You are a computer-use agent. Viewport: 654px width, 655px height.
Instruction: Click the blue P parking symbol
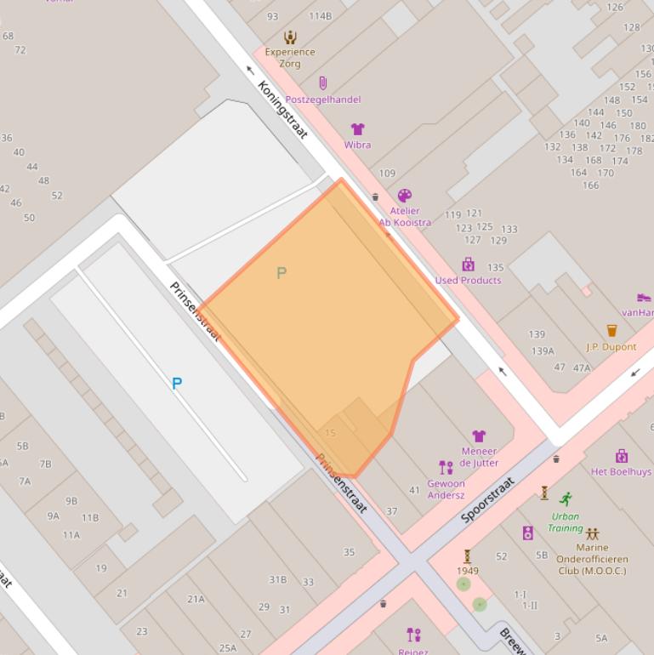tap(177, 384)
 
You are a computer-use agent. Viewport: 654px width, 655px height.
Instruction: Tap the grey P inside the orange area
tap(282, 273)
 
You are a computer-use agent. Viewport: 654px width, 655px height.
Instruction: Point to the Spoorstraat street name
tap(488, 499)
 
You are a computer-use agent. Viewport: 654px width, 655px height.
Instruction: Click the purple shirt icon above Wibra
tap(358, 129)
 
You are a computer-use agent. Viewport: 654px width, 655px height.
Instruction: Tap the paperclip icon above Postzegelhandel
tap(322, 83)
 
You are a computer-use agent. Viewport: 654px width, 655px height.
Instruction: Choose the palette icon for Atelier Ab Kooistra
tap(405, 196)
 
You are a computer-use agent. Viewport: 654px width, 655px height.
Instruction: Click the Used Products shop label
tap(468, 280)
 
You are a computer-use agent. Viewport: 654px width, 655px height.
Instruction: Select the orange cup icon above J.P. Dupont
tap(611, 331)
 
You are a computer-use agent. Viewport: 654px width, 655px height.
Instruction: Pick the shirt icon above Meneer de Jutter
tap(479, 436)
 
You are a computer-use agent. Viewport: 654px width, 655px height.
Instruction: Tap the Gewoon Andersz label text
tap(446, 489)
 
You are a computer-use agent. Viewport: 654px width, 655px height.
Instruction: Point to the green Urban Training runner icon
tap(566, 498)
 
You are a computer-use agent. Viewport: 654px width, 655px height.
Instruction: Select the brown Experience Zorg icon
tap(290, 37)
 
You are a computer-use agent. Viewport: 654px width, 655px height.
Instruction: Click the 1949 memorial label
tap(467, 571)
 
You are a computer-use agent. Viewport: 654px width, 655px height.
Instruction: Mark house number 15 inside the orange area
tap(331, 433)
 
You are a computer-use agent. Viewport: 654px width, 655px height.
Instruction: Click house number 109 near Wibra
tap(387, 174)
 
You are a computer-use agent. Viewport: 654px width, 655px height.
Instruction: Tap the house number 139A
tap(543, 350)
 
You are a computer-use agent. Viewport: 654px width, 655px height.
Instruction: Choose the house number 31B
tap(277, 579)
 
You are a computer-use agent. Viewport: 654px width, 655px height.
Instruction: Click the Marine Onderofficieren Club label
tap(591, 559)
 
